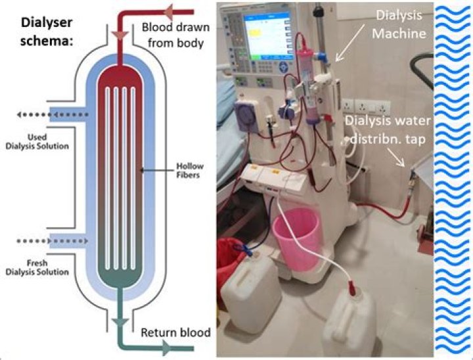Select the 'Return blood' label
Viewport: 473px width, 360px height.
pos(175,332)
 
